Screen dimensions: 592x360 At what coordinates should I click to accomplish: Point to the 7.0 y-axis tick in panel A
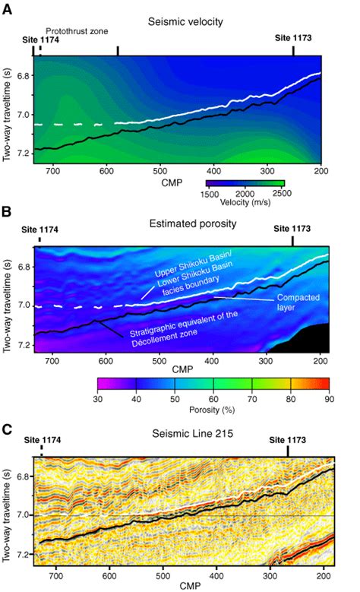(21, 115)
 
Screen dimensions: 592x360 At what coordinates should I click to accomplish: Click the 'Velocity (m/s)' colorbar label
(245, 203)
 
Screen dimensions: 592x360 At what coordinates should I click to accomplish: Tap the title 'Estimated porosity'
(179, 226)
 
